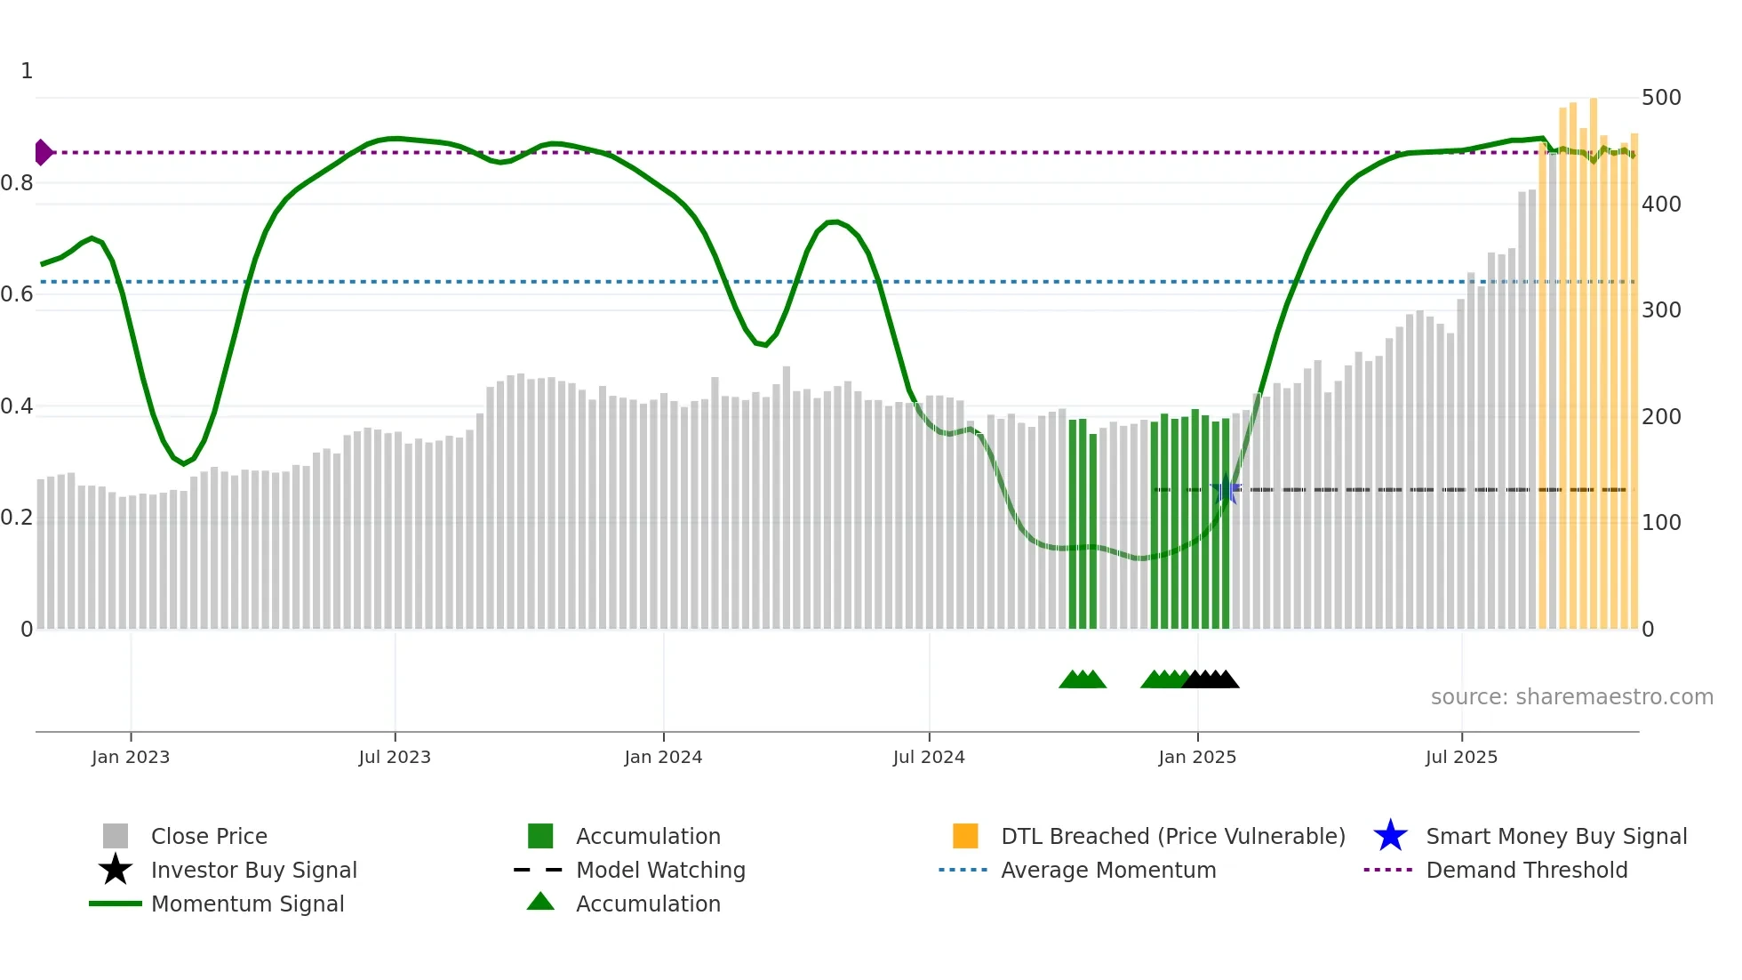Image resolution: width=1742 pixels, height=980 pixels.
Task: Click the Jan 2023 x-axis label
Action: (x=131, y=757)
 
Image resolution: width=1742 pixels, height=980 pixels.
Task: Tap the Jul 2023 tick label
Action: (x=395, y=757)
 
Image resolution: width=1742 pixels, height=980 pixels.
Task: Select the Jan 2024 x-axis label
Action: (x=663, y=757)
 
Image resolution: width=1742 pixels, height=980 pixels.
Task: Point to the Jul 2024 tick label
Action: (x=929, y=757)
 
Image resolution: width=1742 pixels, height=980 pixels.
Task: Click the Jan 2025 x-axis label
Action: (x=1197, y=757)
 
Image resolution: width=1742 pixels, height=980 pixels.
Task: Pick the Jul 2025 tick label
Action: (x=1461, y=757)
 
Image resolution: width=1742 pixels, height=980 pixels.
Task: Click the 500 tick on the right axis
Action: (x=1661, y=98)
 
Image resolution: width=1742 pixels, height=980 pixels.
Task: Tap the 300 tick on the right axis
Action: (x=1661, y=310)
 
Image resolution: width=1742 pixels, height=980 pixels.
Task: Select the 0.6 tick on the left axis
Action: (x=18, y=294)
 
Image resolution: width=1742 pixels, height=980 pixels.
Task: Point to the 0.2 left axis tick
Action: (x=18, y=518)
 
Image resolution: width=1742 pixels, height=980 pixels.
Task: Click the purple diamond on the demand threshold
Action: (x=43, y=153)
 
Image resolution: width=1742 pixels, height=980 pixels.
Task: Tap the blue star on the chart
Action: (x=1226, y=489)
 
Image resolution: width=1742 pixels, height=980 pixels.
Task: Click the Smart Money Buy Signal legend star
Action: (x=1390, y=836)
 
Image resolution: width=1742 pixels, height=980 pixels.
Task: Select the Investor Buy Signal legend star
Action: (x=116, y=870)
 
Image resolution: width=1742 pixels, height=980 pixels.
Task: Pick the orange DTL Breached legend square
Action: (x=965, y=836)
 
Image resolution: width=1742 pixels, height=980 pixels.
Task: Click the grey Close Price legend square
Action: (x=116, y=836)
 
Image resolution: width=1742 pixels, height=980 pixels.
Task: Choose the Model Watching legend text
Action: (x=660, y=870)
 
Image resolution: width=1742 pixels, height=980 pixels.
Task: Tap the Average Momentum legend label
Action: (x=1108, y=870)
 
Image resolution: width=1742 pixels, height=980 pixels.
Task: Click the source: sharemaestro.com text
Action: (x=1571, y=697)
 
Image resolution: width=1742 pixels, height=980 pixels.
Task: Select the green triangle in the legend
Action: (x=540, y=903)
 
